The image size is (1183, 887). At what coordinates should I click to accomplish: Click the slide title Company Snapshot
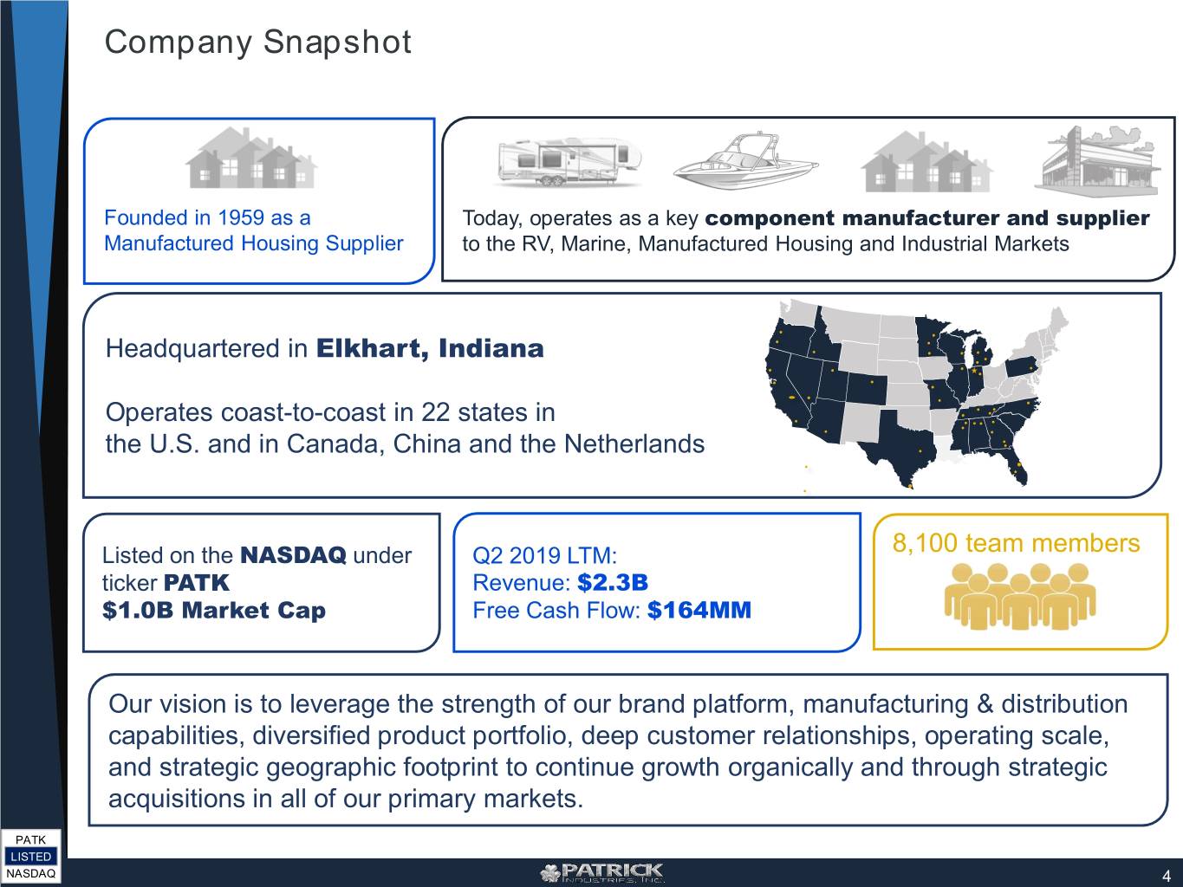coord(257,42)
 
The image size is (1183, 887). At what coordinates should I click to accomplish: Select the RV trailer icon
coord(569,162)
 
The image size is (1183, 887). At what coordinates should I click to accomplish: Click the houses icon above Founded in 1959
coord(251,158)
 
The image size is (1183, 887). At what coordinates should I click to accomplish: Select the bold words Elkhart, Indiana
coord(430,348)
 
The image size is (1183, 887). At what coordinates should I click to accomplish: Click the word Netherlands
coord(634,444)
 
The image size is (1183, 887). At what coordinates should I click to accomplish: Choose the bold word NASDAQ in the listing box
coord(293,555)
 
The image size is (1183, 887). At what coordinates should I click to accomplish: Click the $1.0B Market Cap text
coord(214,610)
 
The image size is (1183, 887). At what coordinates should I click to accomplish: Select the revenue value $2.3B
coord(613,582)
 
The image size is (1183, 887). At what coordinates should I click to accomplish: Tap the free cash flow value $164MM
coord(699,610)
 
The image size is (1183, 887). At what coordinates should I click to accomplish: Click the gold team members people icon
coord(1020,596)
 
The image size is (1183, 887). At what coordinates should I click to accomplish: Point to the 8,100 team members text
coord(1016,543)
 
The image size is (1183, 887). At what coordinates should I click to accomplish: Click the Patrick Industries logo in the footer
coord(601,872)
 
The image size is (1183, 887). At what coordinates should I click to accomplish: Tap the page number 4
coord(1166,875)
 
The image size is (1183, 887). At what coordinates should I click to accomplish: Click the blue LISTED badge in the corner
coord(30,857)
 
